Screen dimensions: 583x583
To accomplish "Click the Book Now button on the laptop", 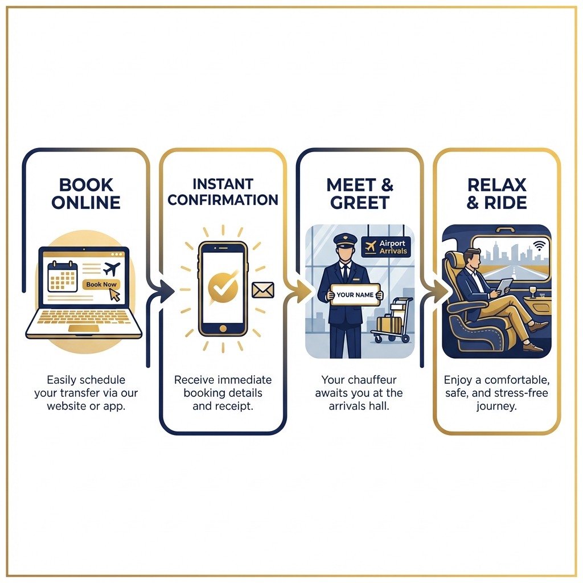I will tap(101, 284).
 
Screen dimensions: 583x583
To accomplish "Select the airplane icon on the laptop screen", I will tap(112, 268).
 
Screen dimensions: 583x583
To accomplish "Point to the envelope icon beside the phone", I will tap(263, 290).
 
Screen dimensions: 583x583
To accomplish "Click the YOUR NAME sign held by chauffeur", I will tap(355, 295).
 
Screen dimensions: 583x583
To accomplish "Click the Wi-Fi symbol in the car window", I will tap(539, 245).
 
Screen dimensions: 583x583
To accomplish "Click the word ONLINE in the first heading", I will tap(86, 202).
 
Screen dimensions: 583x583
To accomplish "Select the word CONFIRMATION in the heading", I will tap(223, 200).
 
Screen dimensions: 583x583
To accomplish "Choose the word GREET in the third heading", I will tap(359, 202).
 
